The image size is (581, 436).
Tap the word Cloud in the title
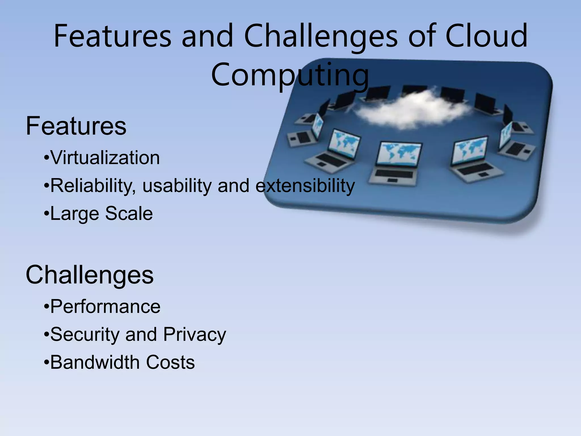tap(486, 36)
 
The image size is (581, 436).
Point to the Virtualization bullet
tap(105, 158)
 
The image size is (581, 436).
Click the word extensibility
tap(305, 186)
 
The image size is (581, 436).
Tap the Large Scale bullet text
tap(101, 213)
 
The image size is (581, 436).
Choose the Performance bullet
tap(105, 307)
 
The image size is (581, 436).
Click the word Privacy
tap(195, 334)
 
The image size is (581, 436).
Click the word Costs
tap(170, 362)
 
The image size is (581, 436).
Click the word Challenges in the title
tap(321, 36)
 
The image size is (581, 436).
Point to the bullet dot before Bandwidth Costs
tap(47, 362)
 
